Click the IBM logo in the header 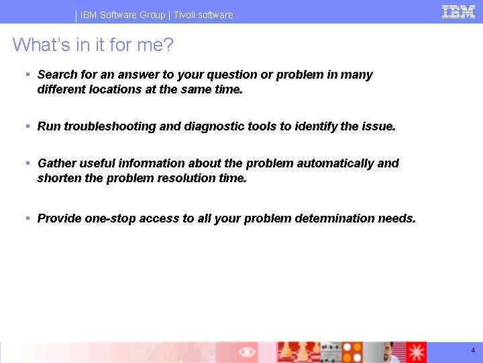458,11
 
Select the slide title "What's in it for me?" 93,45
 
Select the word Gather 56,163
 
